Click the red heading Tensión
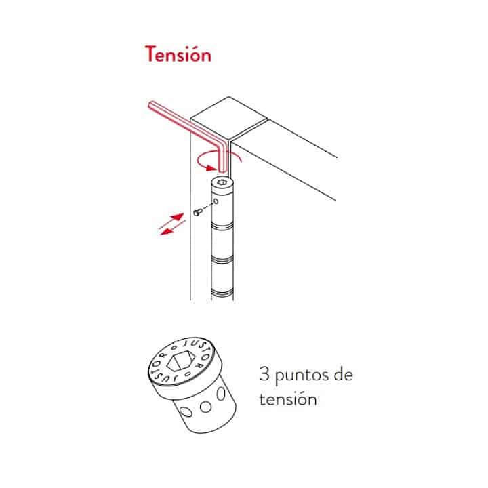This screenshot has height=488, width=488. [178, 54]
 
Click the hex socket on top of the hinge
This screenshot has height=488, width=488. [222, 182]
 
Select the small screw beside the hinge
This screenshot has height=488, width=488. [197, 213]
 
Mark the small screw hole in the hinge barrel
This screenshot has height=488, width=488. [216, 202]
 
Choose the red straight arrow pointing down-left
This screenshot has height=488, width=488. [172, 228]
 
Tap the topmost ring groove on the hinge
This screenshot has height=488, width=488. [222, 226]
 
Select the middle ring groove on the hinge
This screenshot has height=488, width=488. [222, 259]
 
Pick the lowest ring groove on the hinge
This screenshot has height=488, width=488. [222, 293]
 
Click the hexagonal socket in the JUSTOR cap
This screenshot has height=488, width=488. [180, 361]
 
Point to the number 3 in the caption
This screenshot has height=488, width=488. [264, 373]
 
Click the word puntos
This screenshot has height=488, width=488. [301, 375]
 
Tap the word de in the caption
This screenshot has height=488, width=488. [343, 374]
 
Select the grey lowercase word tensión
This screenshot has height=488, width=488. [288, 399]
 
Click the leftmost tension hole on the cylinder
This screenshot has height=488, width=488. [186, 412]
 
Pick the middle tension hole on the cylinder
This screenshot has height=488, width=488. [205, 407]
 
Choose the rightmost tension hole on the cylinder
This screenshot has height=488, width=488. [221, 394]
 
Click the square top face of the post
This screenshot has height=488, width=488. [229, 118]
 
